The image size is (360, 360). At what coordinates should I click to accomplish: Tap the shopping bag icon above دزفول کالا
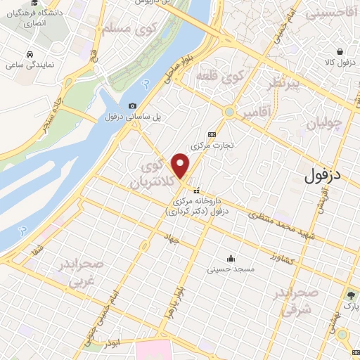(340, 51)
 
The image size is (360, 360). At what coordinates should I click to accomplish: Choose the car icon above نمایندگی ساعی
(30, 53)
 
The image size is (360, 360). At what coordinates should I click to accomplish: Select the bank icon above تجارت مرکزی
(212, 134)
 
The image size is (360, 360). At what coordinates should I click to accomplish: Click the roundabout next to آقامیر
(229, 112)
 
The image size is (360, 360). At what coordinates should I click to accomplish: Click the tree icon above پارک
(349, 295)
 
